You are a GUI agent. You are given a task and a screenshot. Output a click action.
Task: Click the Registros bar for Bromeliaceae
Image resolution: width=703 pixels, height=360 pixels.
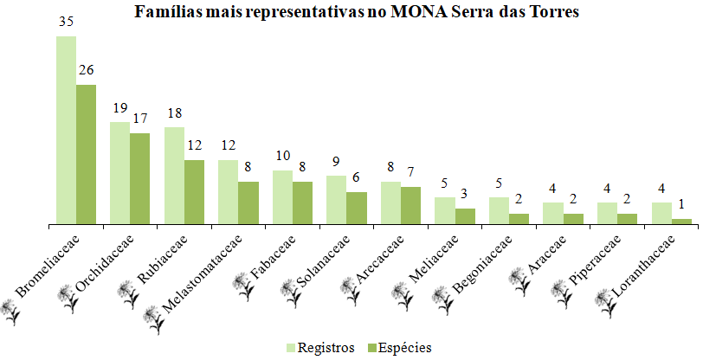click(66, 130)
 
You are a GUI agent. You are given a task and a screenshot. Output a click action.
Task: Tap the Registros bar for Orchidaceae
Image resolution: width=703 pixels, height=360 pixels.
click(119, 173)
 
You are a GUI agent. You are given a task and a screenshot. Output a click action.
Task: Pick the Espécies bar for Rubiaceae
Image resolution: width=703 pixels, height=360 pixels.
click(194, 192)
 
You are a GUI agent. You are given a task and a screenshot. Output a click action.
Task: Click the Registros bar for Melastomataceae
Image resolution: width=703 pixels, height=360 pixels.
click(228, 192)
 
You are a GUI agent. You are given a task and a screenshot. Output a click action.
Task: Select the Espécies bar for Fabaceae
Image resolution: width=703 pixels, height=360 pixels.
click(302, 202)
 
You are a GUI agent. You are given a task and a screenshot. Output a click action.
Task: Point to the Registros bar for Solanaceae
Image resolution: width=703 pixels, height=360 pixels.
click(336, 200)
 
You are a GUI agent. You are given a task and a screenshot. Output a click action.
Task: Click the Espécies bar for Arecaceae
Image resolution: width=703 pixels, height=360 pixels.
click(410, 205)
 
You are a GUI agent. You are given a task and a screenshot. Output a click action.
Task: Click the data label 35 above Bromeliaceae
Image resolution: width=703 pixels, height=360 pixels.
click(66, 24)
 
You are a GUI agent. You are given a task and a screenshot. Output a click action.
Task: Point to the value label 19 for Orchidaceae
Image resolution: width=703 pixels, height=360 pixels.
click(119, 110)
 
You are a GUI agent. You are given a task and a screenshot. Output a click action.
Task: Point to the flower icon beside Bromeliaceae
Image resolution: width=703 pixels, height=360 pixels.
click(11, 307)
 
